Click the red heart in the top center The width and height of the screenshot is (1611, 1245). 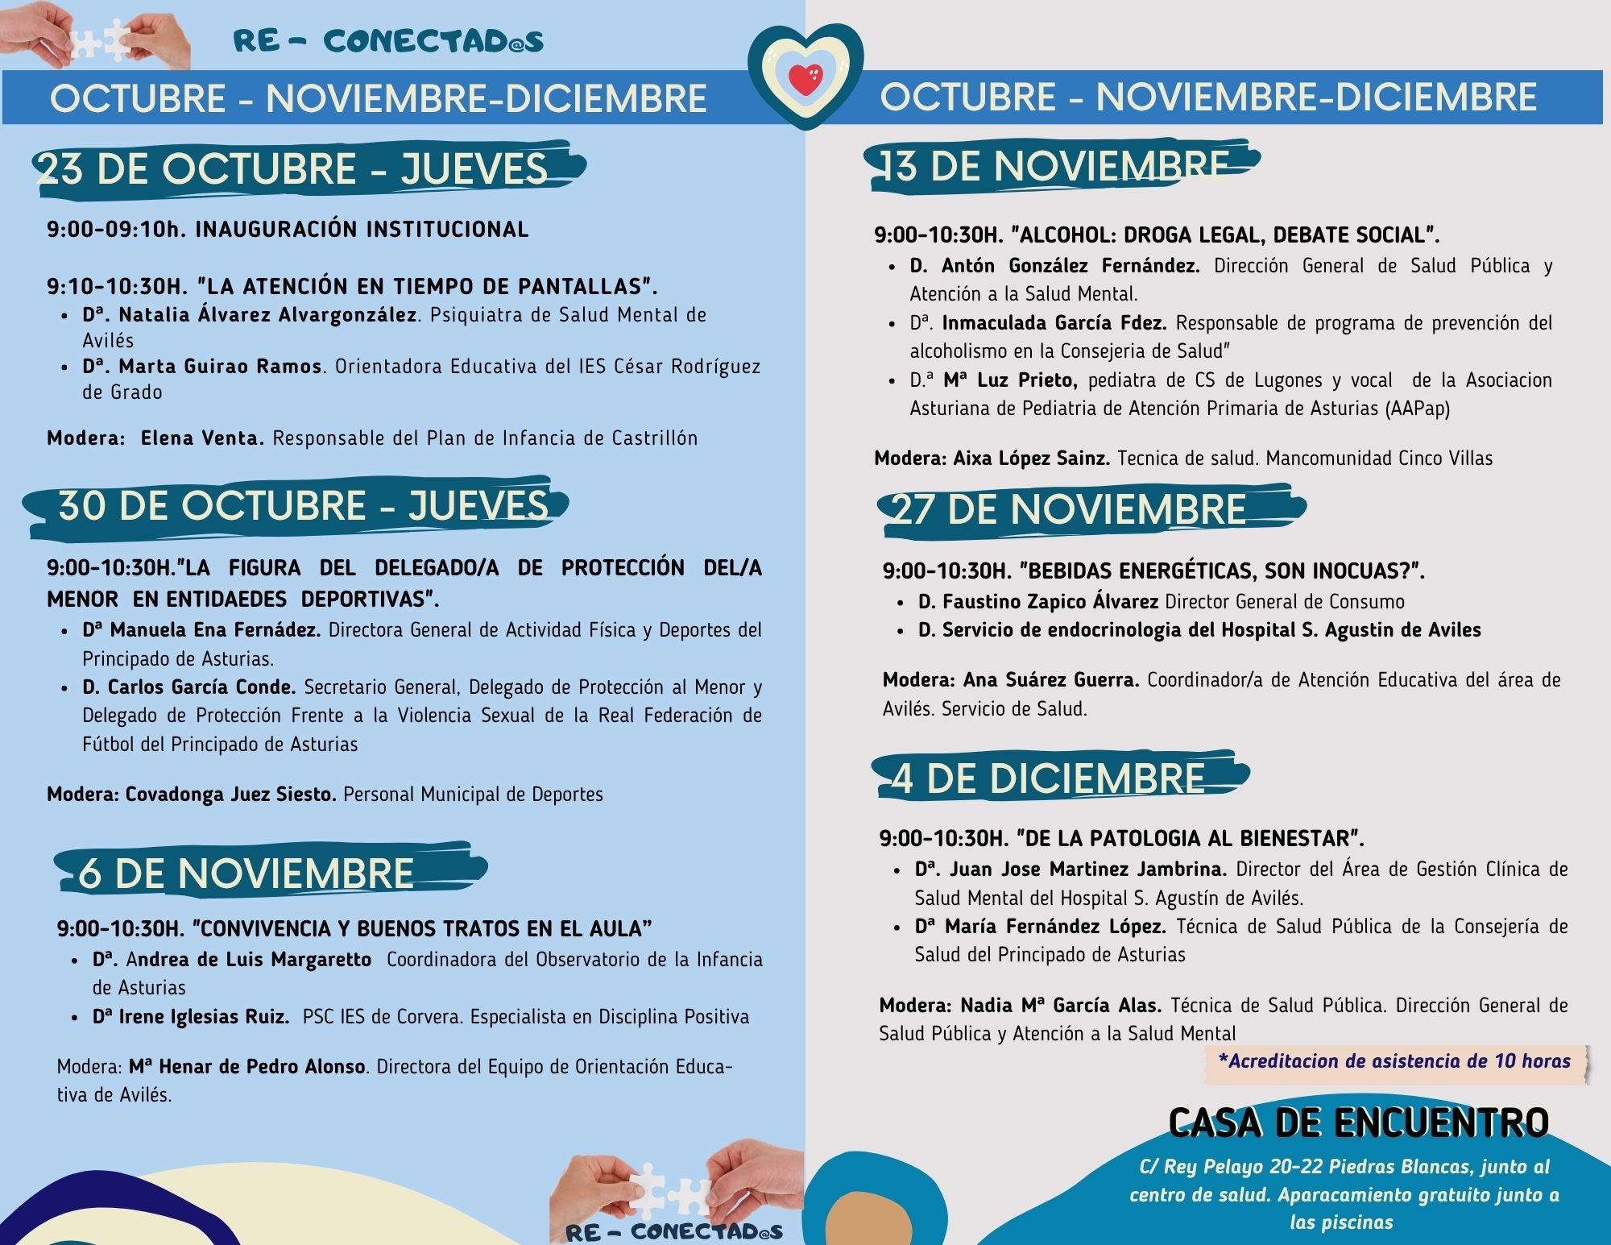click(x=805, y=78)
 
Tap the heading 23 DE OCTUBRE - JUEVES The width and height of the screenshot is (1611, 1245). click(x=292, y=169)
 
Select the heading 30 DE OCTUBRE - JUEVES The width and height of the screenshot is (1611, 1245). click(x=302, y=506)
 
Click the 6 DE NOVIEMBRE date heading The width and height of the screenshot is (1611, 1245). click(x=246, y=874)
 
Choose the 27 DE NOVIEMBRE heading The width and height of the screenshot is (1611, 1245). click(x=1067, y=509)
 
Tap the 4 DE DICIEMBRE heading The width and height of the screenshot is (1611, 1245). click(x=1047, y=778)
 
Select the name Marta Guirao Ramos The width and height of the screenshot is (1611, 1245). click(x=220, y=367)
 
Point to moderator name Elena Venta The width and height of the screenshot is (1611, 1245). click(x=201, y=438)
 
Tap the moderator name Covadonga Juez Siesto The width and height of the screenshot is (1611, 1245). click(x=230, y=795)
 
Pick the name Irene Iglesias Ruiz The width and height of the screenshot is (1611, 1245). click(x=204, y=1017)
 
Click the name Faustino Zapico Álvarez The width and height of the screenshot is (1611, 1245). click(x=1050, y=602)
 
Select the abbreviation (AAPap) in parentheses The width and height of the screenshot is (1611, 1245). click(x=1417, y=409)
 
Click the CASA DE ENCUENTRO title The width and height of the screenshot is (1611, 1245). click(x=1358, y=1123)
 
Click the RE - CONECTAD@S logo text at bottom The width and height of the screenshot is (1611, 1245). click(x=673, y=1232)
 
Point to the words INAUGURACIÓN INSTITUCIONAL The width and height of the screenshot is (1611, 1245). click(x=362, y=230)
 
